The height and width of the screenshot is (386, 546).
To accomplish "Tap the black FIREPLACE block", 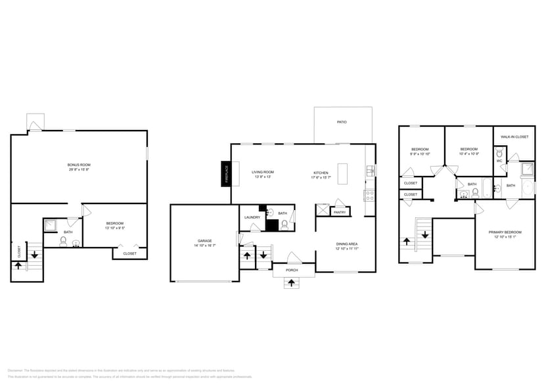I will pyautogui.click(x=226, y=173).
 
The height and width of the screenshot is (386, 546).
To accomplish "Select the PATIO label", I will pyautogui.click(x=342, y=122).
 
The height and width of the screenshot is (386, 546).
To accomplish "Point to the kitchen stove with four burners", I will pyautogui.click(x=370, y=195).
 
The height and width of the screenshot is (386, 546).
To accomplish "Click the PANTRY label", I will pyautogui.click(x=340, y=212).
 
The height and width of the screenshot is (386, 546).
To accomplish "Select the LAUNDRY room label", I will pyautogui.click(x=252, y=217).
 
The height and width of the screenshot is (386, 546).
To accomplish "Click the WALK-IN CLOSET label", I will pyautogui.click(x=514, y=137).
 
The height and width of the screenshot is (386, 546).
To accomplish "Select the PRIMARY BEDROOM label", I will pyautogui.click(x=505, y=232).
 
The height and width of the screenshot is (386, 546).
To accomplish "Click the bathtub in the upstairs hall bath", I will pyautogui.click(x=488, y=188).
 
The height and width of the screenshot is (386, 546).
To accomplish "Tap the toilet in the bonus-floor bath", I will pyautogui.click(x=62, y=241).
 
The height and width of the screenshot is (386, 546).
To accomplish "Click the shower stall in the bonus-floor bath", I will pyautogui.click(x=51, y=224).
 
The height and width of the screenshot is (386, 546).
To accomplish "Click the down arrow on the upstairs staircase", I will pyautogui.click(x=425, y=234).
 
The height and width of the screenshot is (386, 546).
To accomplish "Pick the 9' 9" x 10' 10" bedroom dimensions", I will pyautogui.click(x=420, y=154).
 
